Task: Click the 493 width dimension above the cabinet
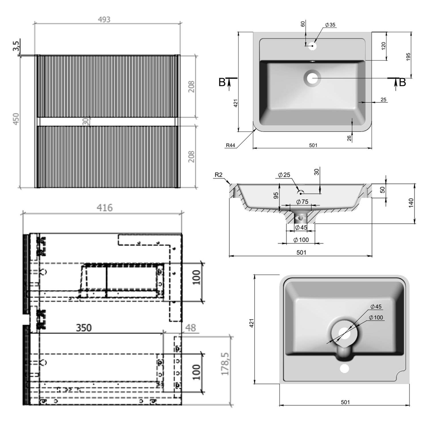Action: [x=104, y=20]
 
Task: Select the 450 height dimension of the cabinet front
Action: [x=16, y=119]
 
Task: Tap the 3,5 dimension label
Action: [x=16, y=46]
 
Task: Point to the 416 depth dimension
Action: [x=104, y=208]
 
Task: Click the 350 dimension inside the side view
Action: [x=84, y=328]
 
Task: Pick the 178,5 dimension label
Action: [x=225, y=364]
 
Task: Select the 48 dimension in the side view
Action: [x=190, y=328]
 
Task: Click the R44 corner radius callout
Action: [x=230, y=145]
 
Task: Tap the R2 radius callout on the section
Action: [x=219, y=175]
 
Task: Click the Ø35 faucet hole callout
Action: [x=330, y=25]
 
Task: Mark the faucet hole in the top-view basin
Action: [x=312, y=46]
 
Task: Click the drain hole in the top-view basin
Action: [x=312, y=78]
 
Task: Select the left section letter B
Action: [x=222, y=82]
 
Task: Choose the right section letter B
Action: [x=402, y=82]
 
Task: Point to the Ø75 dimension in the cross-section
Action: [x=302, y=202]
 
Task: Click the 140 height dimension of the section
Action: [x=411, y=203]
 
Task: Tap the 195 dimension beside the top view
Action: [x=408, y=56]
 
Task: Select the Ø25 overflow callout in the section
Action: [x=284, y=175]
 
